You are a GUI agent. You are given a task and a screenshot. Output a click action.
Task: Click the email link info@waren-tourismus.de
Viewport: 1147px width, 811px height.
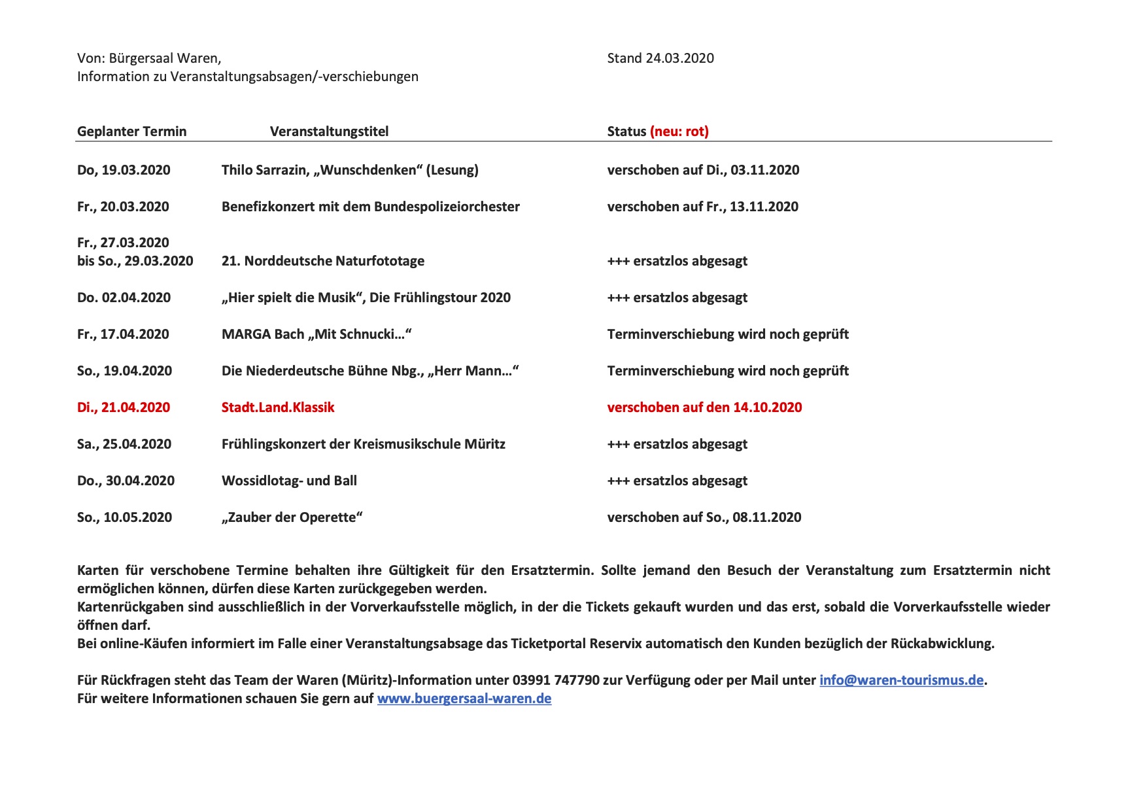click(x=901, y=680)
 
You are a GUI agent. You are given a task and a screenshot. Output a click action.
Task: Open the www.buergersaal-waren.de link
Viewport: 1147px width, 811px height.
click(x=464, y=699)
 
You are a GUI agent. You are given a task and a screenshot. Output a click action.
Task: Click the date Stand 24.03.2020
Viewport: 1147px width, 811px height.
click(x=660, y=58)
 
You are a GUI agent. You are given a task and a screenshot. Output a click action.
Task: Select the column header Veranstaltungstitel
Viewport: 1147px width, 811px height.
click(x=329, y=131)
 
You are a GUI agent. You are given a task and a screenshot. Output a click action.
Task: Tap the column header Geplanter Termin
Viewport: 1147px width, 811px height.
click(x=131, y=131)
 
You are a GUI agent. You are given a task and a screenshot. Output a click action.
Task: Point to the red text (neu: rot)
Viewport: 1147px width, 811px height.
click(x=679, y=131)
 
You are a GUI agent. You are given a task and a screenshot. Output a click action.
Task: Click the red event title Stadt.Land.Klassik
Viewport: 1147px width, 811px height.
click(x=278, y=407)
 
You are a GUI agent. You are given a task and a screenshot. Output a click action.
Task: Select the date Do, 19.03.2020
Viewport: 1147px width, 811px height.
click(x=124, y=170)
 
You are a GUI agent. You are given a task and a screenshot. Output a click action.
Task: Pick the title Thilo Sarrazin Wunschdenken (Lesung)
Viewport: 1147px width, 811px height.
click(x=350, y=170)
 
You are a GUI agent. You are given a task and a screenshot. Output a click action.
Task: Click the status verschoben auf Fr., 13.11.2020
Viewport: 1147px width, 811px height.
click(x=702, y=207)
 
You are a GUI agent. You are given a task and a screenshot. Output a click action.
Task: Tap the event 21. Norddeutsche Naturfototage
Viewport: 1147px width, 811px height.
click(x=323, y=261)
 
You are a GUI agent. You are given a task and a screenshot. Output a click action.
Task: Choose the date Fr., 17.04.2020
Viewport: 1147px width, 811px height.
click(x=123, y=334)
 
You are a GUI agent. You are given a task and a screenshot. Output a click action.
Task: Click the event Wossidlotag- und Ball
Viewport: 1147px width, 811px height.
click(x=289, y=481)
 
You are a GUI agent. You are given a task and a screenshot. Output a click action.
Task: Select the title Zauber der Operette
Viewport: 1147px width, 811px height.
click(x=292, y=517)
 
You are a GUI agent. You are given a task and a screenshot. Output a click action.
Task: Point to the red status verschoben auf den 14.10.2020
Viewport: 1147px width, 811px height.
click(x=704, y=407)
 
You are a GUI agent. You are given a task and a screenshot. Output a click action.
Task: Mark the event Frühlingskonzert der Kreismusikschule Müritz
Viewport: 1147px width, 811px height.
click(x=363, y=444)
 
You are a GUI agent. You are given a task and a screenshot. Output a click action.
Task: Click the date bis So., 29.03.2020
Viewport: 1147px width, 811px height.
click(x=135, y=261)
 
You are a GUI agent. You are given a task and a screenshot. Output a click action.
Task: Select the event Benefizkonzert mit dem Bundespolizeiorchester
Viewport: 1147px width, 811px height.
click(x=370, y=207)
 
